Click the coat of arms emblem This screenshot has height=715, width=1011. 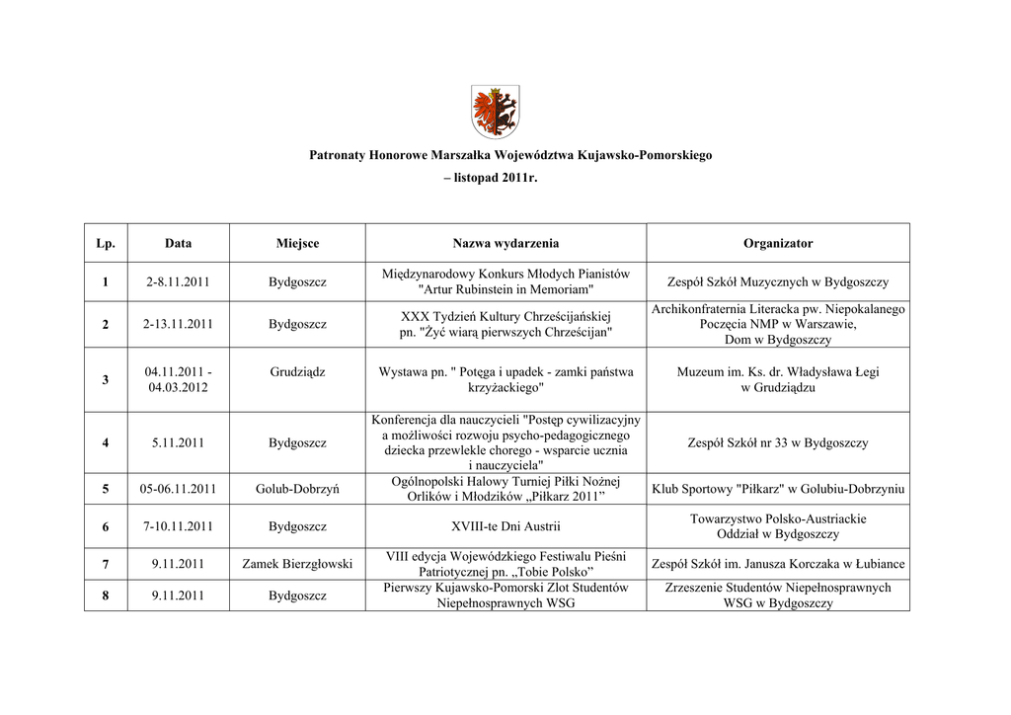[x=496, y=111]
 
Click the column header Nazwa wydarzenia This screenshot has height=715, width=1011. [x=505, y=243]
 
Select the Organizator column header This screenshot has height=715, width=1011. [x=778, y=243]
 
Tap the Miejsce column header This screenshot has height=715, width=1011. [x=297, y=243]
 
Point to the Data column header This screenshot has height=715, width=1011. [x=178, y=243]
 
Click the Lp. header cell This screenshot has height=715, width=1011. [x=106, y=243]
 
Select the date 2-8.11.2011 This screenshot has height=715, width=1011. [x=178, y=282]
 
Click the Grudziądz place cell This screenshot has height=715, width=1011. [x=297, y=372]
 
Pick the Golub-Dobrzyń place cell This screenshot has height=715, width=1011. [x=297, y=488]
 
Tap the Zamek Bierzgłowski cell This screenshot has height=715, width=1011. [x=297, y=564]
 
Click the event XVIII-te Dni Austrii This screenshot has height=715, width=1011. [x=505, y=526]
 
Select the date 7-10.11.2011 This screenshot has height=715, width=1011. [x=178, y=526]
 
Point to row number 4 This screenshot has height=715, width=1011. [x=106, y=442]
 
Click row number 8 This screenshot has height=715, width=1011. [x=106, y=596]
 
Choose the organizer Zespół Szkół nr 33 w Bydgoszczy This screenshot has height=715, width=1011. [x=778, y=442]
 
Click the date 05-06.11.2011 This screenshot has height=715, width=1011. [x=178, y=488]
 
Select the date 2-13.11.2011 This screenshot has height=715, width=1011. [x=178, y=324]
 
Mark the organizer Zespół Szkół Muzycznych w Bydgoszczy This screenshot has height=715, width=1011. [x=778, y=282]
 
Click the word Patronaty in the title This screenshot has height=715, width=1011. [x=337, y=155]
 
